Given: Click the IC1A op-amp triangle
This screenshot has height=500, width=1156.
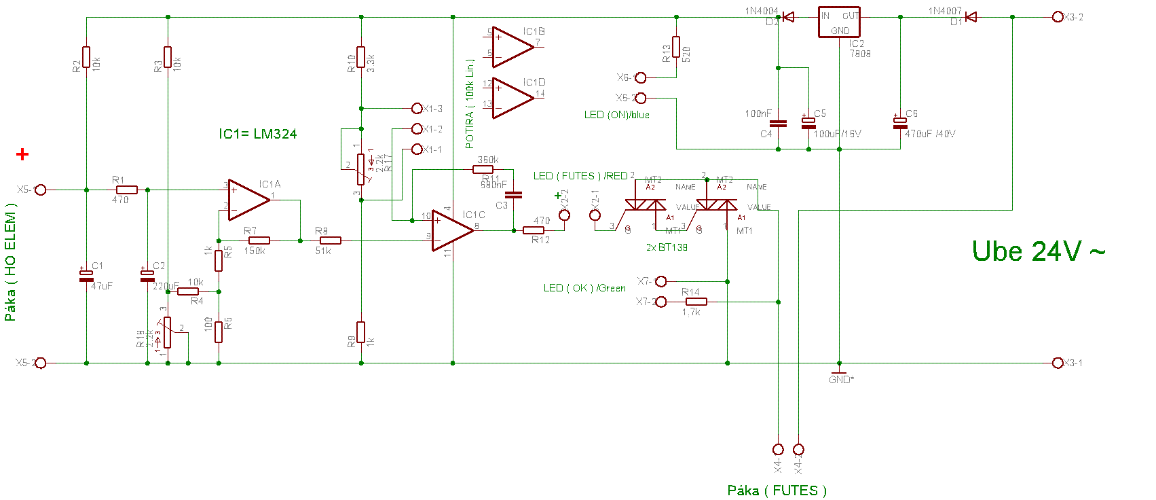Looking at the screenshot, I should (x=247, y=200).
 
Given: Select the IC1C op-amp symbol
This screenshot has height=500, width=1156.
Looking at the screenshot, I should (x=451, y=230).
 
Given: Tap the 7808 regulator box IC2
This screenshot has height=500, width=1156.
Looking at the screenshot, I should (x=839, y=23).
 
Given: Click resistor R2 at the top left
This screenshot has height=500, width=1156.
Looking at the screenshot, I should (x=86, y=57).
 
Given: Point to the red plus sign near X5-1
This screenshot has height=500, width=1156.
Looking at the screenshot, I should (x=23, y=155).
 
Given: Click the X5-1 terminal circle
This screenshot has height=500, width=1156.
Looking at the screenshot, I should (x=41, y=190).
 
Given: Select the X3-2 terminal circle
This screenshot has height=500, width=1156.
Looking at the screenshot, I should (x=1057, y=17).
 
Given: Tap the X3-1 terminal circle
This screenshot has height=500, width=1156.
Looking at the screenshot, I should (x=1057, y=363).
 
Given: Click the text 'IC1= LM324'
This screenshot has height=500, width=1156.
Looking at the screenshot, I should (x=257, y=134).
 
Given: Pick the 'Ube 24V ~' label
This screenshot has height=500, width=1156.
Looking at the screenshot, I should (x=1038, y=251).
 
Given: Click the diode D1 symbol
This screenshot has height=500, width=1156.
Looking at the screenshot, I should (x=971, y=17).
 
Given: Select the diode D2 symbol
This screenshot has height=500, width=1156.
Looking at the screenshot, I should (x=788, y=17).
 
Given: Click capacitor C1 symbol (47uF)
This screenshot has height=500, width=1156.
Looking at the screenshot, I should (x=86, y=275).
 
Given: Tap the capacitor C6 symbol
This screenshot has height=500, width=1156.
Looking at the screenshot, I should (x=900, y=123).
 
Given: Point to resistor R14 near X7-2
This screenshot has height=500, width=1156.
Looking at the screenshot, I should (x=696, y=302).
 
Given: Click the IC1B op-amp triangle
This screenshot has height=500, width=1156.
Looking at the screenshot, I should (x=511, y=48).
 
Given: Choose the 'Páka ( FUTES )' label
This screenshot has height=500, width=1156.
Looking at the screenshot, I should (x=777, y=490).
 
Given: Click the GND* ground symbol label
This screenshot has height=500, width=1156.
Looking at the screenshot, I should (x=841, y=379).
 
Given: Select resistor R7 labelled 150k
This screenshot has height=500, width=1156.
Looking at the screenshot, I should (x=259, y=240).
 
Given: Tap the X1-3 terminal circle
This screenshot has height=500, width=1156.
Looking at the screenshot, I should (x=417, y=109).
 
